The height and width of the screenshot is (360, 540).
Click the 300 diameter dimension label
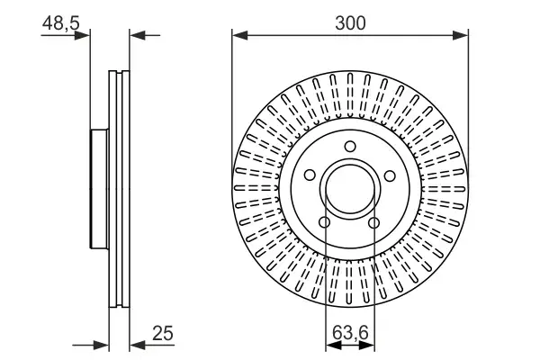click(x=350, y=22)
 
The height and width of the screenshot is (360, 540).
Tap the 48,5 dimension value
click(x=61, y=24)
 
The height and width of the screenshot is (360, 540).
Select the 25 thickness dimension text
click(x=162, y=334)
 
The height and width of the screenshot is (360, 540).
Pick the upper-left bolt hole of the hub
click(x=310, y=176)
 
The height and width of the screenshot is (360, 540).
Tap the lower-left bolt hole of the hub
click(x=325, y=223)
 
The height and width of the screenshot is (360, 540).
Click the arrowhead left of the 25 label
click(x=136, y=344)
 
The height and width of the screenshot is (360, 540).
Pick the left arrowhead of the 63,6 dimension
click(x=329, y=344)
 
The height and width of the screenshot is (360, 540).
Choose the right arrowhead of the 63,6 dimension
click(x=370, y=344)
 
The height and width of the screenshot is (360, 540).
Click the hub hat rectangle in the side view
click(x=100, y=190)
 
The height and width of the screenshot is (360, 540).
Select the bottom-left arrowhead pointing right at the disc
click(x=103, y=344)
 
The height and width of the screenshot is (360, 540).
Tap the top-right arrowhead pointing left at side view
click(x=136, y=35)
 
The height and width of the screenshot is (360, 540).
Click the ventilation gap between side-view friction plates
click(x=119, y=190)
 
